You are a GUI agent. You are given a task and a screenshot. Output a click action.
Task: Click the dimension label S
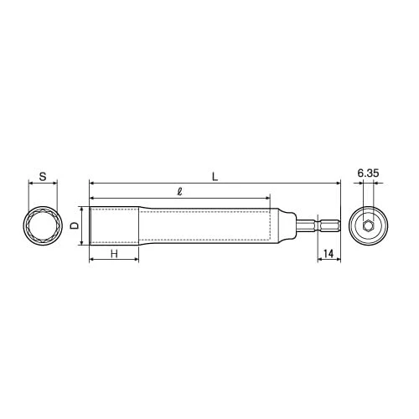[43, 177]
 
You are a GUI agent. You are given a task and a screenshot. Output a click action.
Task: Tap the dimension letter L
[215, 177]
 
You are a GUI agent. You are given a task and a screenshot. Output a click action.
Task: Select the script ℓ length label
[180, 192]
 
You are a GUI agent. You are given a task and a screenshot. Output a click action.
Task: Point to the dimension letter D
[74, 225]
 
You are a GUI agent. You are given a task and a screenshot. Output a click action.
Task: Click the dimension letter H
[114, 254]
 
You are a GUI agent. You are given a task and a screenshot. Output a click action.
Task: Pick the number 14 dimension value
[328, 254]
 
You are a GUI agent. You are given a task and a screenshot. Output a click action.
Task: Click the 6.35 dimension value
[368, 173]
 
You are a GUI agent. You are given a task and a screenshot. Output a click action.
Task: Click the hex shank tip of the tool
[339, 225]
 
